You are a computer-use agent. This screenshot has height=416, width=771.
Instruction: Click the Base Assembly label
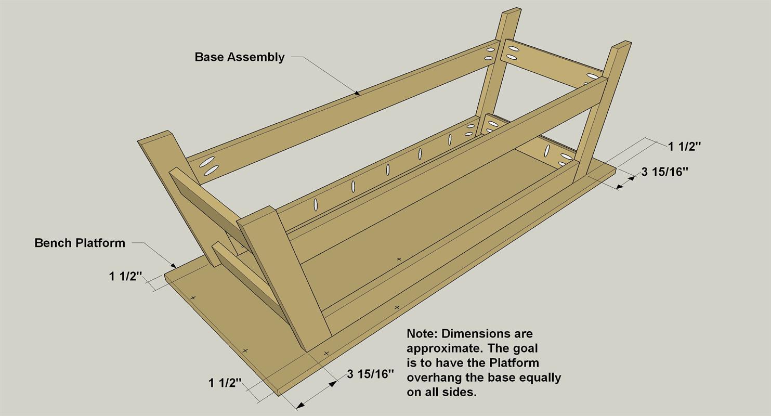(240, 57)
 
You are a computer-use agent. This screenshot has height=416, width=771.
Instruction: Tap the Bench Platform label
(80, 243)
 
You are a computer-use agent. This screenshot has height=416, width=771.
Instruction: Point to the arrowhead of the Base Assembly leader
(357, 93)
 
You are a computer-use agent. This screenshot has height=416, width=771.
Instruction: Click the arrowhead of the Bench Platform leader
(174, 266)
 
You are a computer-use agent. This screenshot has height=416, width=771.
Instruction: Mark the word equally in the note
(540, 378)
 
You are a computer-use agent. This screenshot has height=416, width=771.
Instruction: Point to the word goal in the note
(525, 349)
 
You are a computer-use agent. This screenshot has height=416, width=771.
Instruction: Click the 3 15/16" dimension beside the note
(370, 374)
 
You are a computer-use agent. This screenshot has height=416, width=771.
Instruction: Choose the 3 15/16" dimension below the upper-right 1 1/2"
(664, 172)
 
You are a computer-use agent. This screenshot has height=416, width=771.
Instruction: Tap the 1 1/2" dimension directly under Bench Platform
(126, 276)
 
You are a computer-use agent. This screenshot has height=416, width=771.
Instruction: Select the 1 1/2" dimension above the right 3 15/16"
(685, 147)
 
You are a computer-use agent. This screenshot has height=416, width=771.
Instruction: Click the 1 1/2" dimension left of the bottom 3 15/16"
(225, 383)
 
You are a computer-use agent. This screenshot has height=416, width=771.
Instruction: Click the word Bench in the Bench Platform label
(54, 243)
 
